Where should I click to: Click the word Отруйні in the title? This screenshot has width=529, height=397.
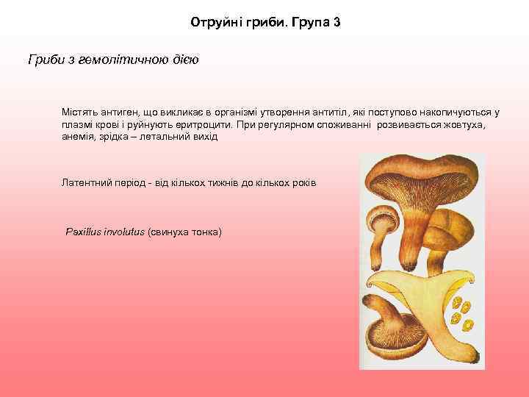point(214,23)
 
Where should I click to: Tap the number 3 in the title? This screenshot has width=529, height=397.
point(336,23)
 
